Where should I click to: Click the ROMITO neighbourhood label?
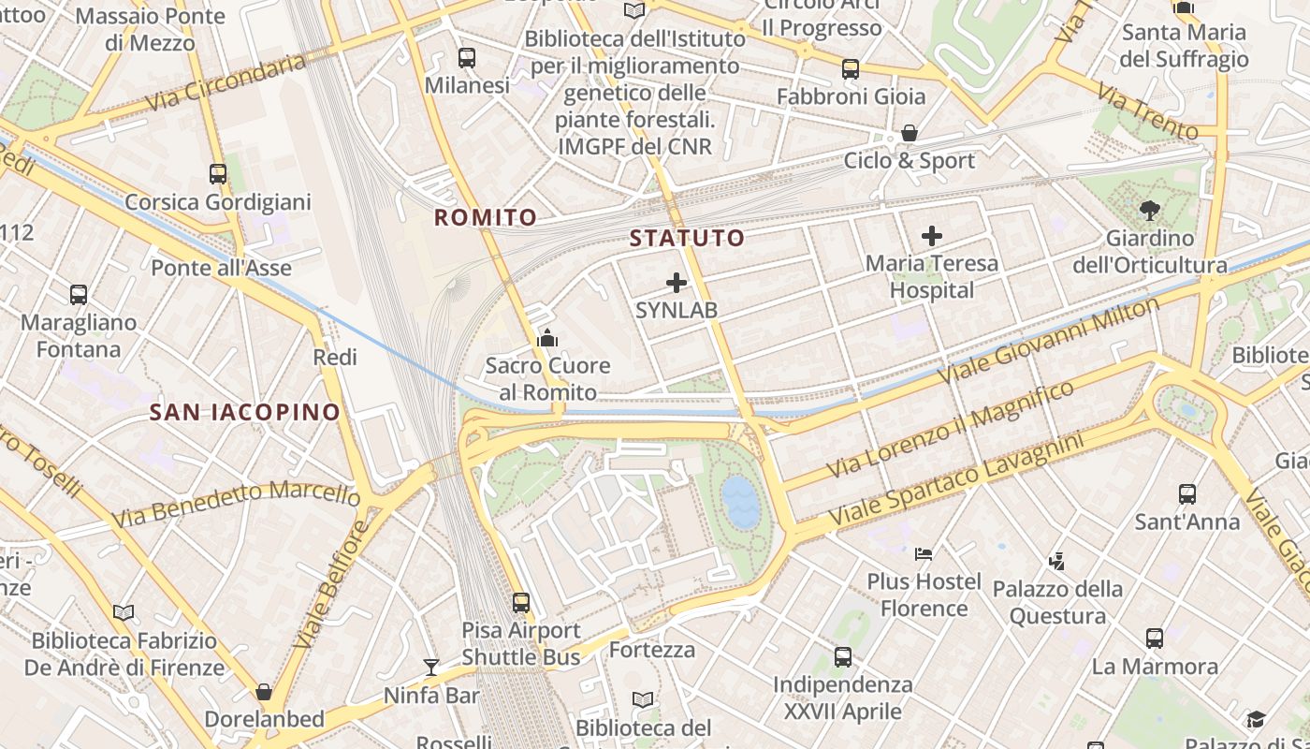point(486,218)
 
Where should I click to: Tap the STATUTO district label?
point(687,238)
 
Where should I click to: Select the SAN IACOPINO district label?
point(245,412)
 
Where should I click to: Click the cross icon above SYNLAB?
point(677,283)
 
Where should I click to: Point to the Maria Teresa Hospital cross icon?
point(932,236)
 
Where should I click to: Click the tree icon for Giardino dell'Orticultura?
point(1150,211)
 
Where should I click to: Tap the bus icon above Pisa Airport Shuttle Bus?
point(521,603)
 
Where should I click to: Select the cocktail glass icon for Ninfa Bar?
point(430,667)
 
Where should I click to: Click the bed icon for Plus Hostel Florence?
point(924,553)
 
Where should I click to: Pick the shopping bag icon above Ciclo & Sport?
point(909,133)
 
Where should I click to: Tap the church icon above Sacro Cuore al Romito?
point(547,338)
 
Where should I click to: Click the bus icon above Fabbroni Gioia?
point(850,68)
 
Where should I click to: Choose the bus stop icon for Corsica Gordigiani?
point(218,174)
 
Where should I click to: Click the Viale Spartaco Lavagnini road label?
point(955,477)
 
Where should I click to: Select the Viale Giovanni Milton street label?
point(1048,339)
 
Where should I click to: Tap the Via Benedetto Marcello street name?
point(236,504)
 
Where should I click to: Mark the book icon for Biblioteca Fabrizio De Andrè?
point(124,612)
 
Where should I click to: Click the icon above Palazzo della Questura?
point(1057,562)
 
